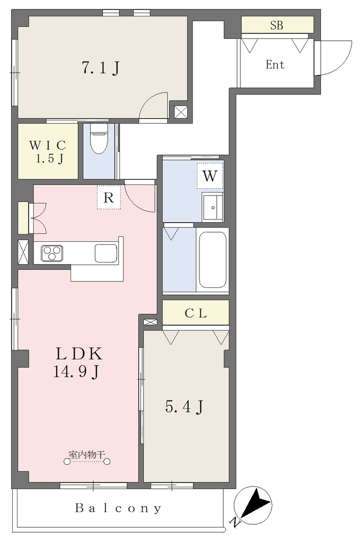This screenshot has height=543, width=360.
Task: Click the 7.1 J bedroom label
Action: pos(101,68)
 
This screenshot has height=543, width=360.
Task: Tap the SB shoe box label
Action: pos(277,25)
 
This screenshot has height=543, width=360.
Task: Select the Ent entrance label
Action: pos(275,65)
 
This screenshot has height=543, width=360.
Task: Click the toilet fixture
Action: pos(99,138)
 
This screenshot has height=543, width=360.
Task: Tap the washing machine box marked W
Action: pos(209,176)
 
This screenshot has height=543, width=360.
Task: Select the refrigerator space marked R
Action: pos(109,197)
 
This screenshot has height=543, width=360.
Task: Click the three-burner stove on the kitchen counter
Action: pos(52,253)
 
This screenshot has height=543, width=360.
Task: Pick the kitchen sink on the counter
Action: pos(106,253)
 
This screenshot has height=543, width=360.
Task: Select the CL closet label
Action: pos(196,313)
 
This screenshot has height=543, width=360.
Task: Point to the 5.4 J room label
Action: pos(184,407)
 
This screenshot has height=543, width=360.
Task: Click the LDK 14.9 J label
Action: pos(77,363)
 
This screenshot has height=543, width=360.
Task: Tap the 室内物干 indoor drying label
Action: pos(86,454)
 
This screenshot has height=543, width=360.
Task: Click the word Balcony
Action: pos(118,509)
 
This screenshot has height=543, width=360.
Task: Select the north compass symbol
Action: pos(253,505)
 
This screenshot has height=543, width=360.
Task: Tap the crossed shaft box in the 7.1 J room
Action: pos(180,112)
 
